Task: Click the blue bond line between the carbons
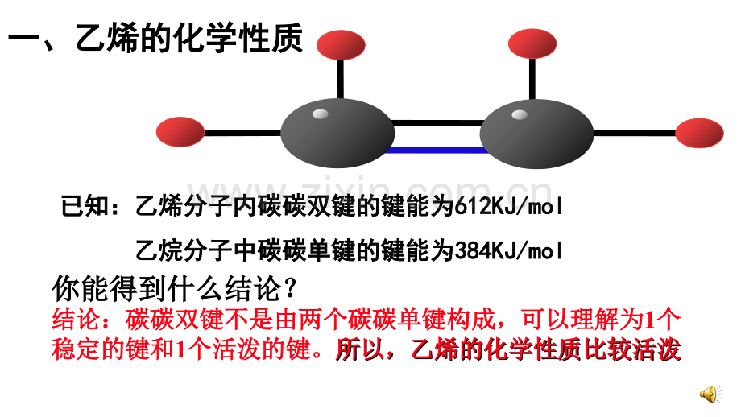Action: click(437, 151)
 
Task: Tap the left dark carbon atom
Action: click(337, 133)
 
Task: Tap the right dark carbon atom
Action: click(536, 134)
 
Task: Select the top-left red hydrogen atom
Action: click(341, 45)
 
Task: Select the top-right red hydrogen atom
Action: click(532, 44)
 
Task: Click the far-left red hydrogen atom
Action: click(180, 132)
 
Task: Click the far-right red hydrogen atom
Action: click(699, 133)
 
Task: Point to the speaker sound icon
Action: click(710, 394)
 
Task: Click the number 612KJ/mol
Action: click(508, 206)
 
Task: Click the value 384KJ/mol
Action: click(508, 250)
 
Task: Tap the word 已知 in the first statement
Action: click(85, 206)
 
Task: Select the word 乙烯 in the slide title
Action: click(107, 39)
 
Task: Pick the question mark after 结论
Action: click(290, 288)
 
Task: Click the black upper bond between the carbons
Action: click(437, 123)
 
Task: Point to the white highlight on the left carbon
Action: click(321, 114)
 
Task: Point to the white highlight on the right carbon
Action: click(520, 115)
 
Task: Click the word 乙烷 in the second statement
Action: click(159, 250)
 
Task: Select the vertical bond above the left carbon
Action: click(340, 80)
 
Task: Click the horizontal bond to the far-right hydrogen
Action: click(634, 133)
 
